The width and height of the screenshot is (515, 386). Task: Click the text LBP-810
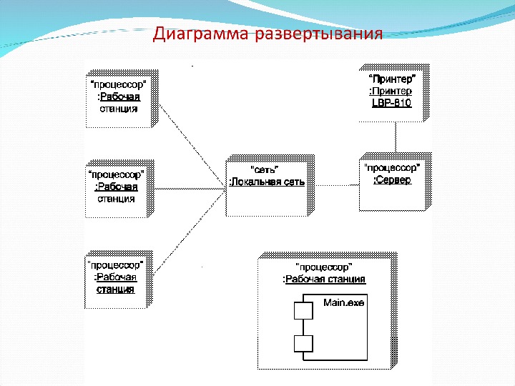[391, 103]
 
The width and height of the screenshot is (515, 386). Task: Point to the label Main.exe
[343, 303]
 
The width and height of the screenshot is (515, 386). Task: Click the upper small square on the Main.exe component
[303, 312]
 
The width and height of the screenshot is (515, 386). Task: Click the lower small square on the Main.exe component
[303, 344]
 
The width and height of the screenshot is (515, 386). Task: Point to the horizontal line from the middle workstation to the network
[190, 189]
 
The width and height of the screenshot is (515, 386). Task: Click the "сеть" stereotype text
[266, 169]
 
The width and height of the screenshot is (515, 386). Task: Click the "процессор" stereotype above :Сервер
[392, 168]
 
